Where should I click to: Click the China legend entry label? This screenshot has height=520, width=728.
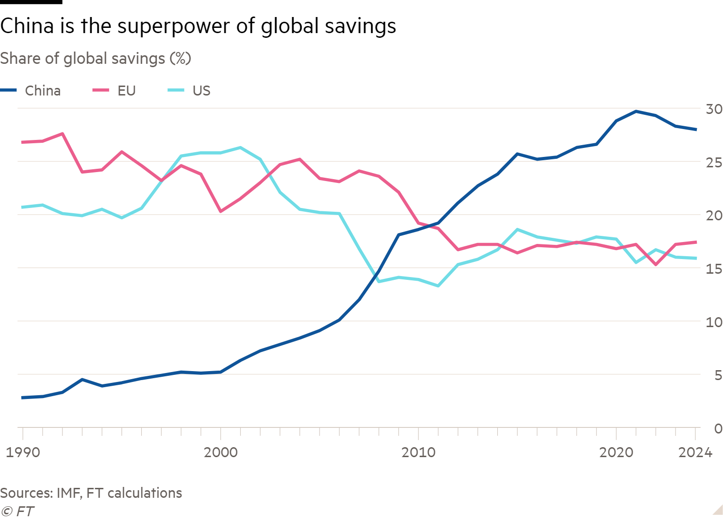coord(43,90)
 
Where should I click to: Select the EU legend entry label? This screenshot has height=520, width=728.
coord(126,90)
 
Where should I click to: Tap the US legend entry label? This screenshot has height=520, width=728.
coord(201,90)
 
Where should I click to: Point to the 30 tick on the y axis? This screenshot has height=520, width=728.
coord(714,109)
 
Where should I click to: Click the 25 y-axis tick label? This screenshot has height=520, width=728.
coord(714,163)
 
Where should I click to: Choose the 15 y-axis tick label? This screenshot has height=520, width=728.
coord(714,269)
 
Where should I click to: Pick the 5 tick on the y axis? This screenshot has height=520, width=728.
coord(718,375)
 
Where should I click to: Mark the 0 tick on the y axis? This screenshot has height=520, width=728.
coord(718,429)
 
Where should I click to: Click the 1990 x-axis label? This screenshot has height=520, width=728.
coord(22,452)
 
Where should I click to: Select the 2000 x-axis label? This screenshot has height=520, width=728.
coord(220,452)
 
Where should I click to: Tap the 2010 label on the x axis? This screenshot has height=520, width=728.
coord(418,452)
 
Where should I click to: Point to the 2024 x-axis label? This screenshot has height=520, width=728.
coord(695,452)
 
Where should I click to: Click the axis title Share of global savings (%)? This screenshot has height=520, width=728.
coord(95,59)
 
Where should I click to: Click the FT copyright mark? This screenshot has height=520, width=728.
coord(18,511)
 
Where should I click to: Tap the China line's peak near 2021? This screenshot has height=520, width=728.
coord(636,112)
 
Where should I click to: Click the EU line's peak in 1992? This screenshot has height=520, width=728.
coord(62,134)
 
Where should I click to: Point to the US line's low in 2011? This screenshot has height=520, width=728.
coord(438,286)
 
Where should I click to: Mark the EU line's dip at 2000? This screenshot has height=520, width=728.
coord(220,211)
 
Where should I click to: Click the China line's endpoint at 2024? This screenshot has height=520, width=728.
coord(695,129)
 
